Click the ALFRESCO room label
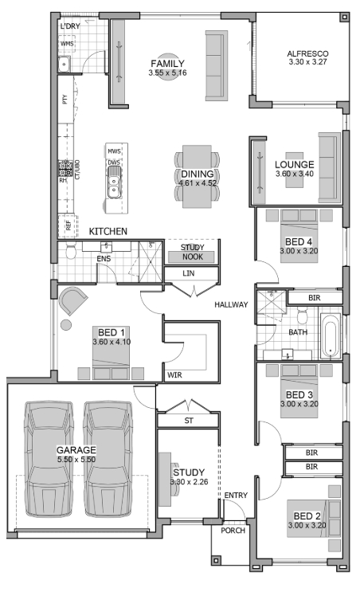pyautogui.click(x=307, y=53)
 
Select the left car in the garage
pyautogui.click(x=49, y=459)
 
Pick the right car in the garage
pyautogui.click(x=108, y=459)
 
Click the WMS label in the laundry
pyautogui.click(x=67, y=44)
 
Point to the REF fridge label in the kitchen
pyautogui.click(x=68, y=225)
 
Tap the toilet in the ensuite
pyautogui.click(x=71, y=250)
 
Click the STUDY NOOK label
pyautogui.click(x=193, y=252)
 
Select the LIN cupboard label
pyautogui.click(x=188, y=273)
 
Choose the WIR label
pyautogui.click(x=174, y=375)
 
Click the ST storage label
pyautogui.click(x=189, y=421)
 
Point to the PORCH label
pyautogui.click(x=233, y=531)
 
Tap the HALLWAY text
pyautogui.click(x=231, y=304)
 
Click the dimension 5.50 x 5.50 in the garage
pyautogui.click(x=76, y=460)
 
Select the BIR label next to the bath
pyautogui.click(x=315, y=298)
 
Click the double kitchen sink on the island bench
pyautogui.click(x=114, y=182)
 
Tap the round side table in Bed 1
pyautogui.click(x=66, y=325)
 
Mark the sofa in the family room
pyautogui.click(x=217, y=65)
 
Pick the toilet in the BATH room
pyautogui.click(x=302, y=315)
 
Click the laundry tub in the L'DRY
pyautogui.click(x=65, y=64)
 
